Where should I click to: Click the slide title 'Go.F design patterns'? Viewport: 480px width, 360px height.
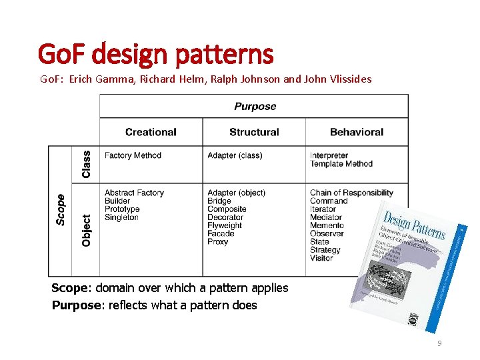click(x=155, y=54)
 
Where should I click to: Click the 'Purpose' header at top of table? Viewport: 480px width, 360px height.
click(x=255, y=107)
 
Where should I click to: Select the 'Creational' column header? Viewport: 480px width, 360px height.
click(x=151, y=132)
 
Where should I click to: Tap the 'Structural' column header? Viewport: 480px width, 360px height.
click(x=254, y=132)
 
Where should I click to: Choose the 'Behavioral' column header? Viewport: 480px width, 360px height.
click(x=357, y=132)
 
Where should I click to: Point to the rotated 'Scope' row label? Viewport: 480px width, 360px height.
click(x=61, y=209)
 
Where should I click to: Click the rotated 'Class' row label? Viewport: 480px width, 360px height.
click(x=86, y=164)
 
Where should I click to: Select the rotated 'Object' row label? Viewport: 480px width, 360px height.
click(x=86, y=230)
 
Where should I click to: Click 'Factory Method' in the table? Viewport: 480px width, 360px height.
click(x=133, y=156)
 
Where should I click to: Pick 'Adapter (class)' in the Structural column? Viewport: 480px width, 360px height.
click(x=235, y=156)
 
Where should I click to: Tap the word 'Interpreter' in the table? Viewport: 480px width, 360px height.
click(x=329, y=156)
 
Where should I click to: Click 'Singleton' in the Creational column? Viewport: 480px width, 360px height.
click(x=121, y=217)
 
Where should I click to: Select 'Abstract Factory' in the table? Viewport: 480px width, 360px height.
click(x=134, y=193)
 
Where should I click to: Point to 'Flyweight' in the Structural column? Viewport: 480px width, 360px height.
click(x=225, y=225)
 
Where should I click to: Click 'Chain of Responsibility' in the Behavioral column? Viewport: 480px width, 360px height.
click(x=351, y=193)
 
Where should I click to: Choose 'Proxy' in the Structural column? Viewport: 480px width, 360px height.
click(x=218, y=241)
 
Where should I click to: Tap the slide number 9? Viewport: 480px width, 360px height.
click(x=439, y=343)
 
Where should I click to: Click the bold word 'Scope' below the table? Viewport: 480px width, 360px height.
click(x=72, y=288)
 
